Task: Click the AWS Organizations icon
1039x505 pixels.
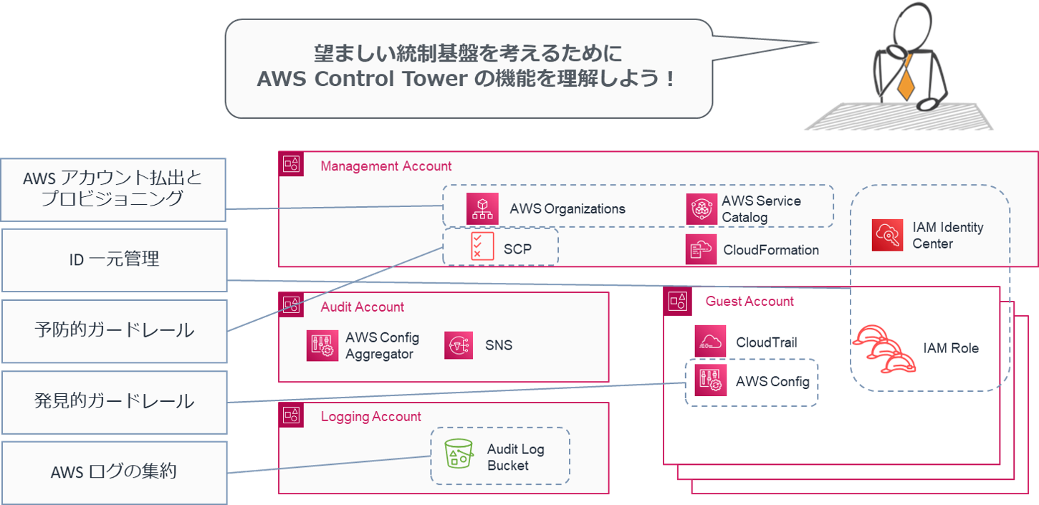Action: (x=482, y=208)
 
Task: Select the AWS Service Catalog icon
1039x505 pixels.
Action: (x=702, y=209)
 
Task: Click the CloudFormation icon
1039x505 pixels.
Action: (x=701, y=249)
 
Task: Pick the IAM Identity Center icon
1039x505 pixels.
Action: (x=887, y=236)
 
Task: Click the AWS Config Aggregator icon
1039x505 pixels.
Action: (x=322, y=345)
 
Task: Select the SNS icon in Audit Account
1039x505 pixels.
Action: (x=459, y=345)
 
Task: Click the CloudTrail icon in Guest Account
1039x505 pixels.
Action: (x=710, y=342)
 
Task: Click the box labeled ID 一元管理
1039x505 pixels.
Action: (x=114, y=260)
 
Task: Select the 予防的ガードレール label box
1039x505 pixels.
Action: (x=114, y=330)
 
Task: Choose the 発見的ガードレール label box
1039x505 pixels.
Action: (x=114, y=401)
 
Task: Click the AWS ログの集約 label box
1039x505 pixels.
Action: (x=114, y=472)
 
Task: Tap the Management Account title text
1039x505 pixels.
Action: (x=386, y=166)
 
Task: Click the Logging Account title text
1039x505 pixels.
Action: (x=370, y=417)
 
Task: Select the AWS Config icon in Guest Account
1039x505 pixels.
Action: (x=710, y=381)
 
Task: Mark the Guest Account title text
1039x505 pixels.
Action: (x=750, y=302)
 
